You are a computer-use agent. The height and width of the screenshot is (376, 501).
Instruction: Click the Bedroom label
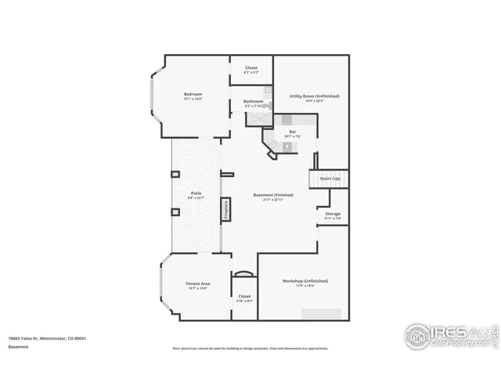(x=193, y=94)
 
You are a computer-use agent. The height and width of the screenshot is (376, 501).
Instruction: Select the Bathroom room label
(x=253, y=100)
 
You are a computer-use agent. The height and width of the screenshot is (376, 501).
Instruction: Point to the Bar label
(x=293, y=131)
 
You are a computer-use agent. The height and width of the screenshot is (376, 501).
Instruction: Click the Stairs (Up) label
(x=330, y=179)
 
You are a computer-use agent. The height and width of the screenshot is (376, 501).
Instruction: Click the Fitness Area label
(x=197, y=283)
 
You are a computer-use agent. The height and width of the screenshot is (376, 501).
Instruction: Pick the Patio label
(x=196, y=193)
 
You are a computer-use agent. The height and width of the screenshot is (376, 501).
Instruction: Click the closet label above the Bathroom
(x=251, y=67)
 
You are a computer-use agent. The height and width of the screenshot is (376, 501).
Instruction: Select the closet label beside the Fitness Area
(x=244, y=296)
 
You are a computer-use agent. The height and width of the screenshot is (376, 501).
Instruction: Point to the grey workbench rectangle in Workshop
(x=322, y=313)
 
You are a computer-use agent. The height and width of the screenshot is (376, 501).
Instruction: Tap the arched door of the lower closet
(x=244, y=273)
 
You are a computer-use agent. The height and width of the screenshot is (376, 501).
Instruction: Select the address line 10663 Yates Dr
(x=46, y=338)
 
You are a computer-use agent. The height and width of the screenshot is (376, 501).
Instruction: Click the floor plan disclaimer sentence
(x=250, y=349)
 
